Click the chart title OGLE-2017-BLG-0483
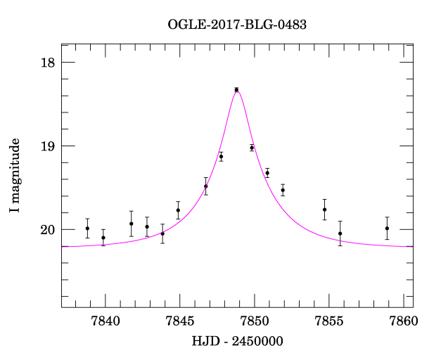[237, 25]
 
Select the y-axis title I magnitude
[15, 176]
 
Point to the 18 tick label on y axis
[48, 63]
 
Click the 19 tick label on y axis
[48, 146]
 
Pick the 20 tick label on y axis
[48, 230]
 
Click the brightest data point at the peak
[236, 89]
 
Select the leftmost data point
[87, 228]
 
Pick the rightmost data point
[387, 228]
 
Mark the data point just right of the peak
[252, 148]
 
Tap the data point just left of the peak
[221, 156]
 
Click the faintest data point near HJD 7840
[103, 237]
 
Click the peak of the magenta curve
[237, 91]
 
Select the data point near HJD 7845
[178, 210]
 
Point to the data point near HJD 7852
[283, 190]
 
